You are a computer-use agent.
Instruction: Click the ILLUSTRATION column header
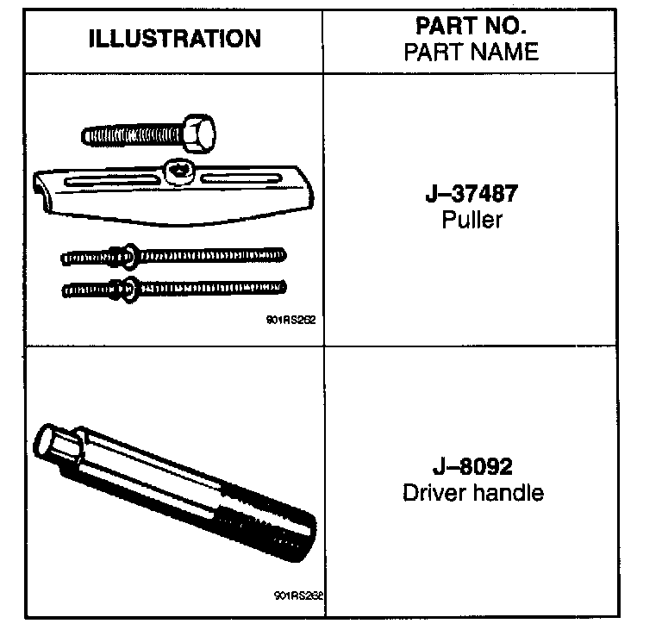(x=174, y=39)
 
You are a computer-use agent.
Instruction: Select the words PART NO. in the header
(x=471, y=25)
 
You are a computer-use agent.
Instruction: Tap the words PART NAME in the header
(x=471, y=52)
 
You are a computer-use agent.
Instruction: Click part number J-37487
(x=472, y=192)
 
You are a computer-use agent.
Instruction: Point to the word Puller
(x=472, y=220)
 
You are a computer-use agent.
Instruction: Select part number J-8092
(x=472, y=466)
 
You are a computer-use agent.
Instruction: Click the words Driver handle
(x=472, y=494)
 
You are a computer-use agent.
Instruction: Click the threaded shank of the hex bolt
(x=129, y=134)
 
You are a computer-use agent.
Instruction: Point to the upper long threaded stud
(x=207, y=254)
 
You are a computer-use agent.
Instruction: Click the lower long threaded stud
(x=207, y=286)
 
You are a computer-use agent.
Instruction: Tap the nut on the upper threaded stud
(x=122, y=254)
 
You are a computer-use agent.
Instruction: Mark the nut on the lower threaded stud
(x=122, y=287)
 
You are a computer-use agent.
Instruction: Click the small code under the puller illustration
(x=291, y=319)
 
